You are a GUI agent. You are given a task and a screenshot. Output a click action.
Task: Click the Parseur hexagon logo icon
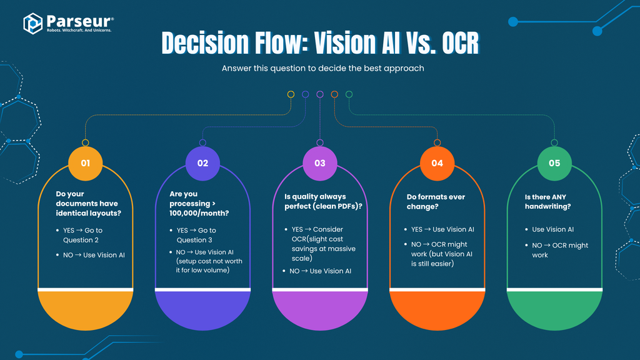pyautogui.click(x=32, y=23)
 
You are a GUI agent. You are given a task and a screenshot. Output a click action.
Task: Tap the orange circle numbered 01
pyautogui.click(x=86, y=163)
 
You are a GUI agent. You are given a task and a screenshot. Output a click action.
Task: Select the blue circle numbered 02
pyautogui.click(x=202, y=163)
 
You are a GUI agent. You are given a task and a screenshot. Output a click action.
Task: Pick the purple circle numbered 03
pyautogui.click(x=320, y=163)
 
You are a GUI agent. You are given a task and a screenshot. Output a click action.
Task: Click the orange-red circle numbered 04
pyautogui.click(x=437, y=163)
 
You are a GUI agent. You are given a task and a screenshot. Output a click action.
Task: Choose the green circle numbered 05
pyautogui.click(x=554, y=163)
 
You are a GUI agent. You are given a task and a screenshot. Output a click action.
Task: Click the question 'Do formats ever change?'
pyautogui.click(x=436, y=201)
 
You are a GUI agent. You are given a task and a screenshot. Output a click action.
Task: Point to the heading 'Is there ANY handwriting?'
pyautogui.click(x=547, y=201)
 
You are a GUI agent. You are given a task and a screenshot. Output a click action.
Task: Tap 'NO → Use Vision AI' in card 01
pyautogui.click(x=89, y=254)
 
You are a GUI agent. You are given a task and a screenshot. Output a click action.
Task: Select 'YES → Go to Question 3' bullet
pyautogui.click(x=199, y=235)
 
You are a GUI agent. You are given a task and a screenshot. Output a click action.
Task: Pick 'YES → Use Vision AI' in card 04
pyautogui.click(x=442, y=229)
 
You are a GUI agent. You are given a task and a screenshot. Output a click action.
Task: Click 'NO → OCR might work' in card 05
pyautogui.click(x=559, y=250)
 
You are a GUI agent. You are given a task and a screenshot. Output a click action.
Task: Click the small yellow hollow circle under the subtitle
pyautogui.click(x=291, y=94)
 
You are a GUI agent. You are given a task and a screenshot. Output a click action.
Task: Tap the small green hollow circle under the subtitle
pyautogui.click(x=349, y=94)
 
